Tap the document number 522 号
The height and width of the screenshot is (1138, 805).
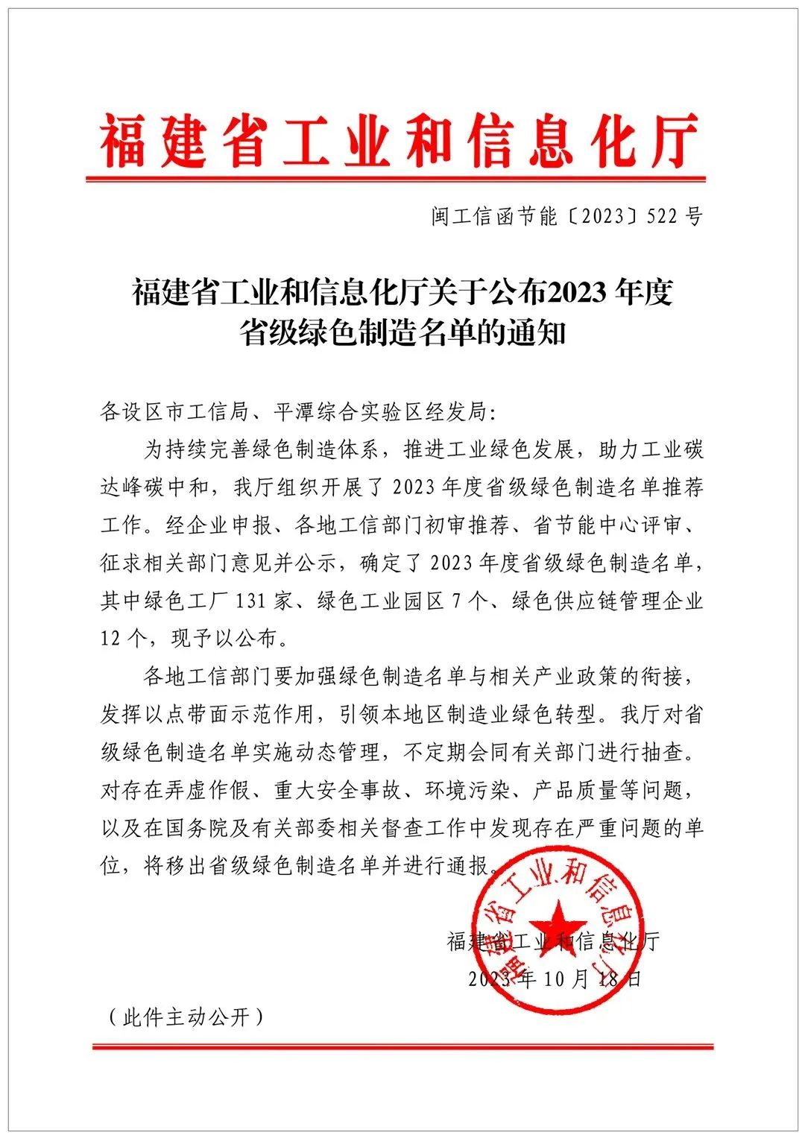(x=675, y=217)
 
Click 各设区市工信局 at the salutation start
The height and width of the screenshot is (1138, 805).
(x=176, y=411)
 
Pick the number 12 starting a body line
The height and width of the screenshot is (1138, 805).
(x=111, y=639)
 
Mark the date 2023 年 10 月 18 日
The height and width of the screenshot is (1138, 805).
(x=555, y=979)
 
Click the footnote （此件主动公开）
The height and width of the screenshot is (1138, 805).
(x=186, y=1017)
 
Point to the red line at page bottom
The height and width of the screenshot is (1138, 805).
(x=402, y=1047)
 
